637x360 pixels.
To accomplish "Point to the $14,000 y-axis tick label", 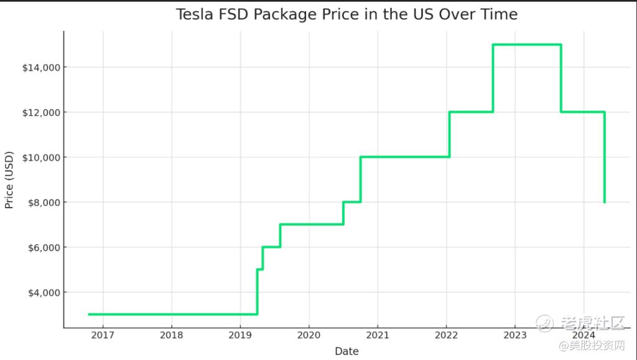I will pyautogui.click(x=39, y=67).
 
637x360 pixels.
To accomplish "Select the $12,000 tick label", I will pyautogui.click(x=39, y=113).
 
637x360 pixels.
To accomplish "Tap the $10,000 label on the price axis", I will pyautogui.click(x=39, y=157).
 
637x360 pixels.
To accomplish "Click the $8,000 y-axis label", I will pyautogui.click(x=42, y=202).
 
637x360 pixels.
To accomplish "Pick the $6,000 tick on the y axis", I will pyautogui.click(x=42, y=247).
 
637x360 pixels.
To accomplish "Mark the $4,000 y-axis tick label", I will pyautogui.click(x=42, y=292).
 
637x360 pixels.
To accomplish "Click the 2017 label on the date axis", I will pyautogui.click(x=103, y=336).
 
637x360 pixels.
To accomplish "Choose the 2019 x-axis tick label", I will pyautogui.click(x=240, y=336).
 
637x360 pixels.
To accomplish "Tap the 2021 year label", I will pyautogui.click(x=378, y=336).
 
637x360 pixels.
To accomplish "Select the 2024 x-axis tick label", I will pyautogui.click(x=583, y=336).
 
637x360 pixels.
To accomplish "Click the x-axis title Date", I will pyautogui.click(x=346, y=351).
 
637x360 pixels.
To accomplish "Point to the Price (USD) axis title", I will pyautogui.click(x=9, y=179).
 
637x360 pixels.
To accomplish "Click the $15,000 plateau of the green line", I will pyautogui.click(x=527, y=45).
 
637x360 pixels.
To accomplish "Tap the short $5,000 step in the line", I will pyautogui.click(x=260, y=269).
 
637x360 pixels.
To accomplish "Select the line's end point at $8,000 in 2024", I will pyautogui.click(x=604, y=202).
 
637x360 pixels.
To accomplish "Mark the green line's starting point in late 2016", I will pyautogui.click(x=89, y=314).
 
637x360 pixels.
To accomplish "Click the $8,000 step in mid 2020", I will pyautogui.click(x=351, y=202).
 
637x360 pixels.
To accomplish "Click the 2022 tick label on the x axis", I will pyautogui.click(x=446, y=336).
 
